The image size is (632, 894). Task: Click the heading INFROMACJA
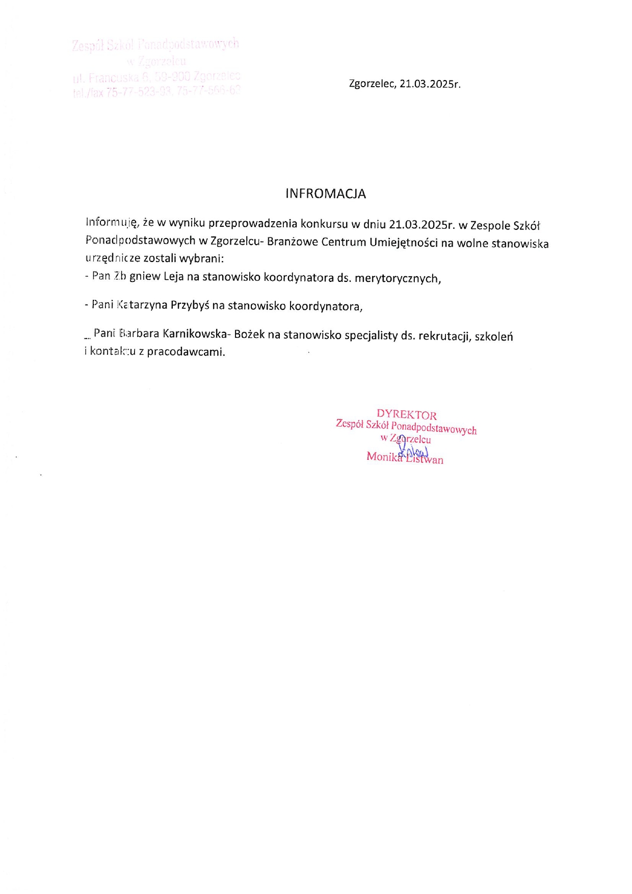(x=325, y=194)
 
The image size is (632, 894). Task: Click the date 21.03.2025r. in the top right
(x=430, y=84)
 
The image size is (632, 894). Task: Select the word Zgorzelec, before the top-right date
(x=373, y=84)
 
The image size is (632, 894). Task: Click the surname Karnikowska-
(x=197, y=334)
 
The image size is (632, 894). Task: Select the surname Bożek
(x=249, y=334)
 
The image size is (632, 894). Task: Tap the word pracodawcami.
(x=186, y=352)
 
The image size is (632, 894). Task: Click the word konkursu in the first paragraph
(x=324, y=223)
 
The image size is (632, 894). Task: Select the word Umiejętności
(x=404, y=242)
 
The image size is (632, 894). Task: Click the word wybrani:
(x=202, y=258)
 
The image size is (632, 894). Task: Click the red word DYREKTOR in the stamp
(x=406, y=415)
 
